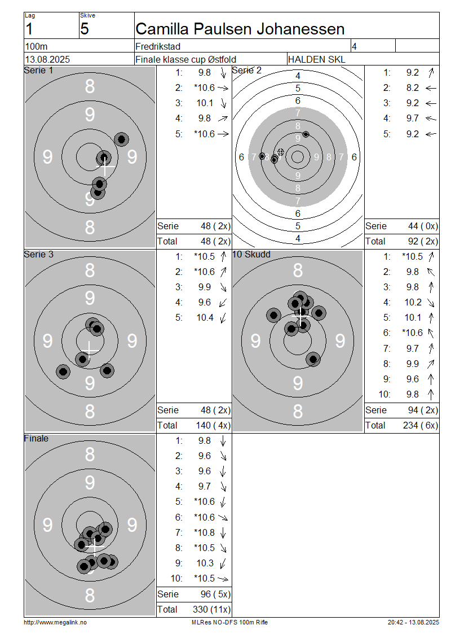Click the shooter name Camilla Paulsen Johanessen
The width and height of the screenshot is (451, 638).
pyautogui.click(x=240, y=29)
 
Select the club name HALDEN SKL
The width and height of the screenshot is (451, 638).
pyautogui.click(x=316, y=59)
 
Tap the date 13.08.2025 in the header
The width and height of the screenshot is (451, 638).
pyautogui.click(x=47, y=59)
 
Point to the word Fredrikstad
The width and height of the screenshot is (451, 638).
pyautogui.click(x=158, y=46)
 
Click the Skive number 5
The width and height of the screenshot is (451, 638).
pyautogui.click(x=85, y=29)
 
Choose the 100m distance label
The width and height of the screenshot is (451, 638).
pyautogui.click(x=36, y=46)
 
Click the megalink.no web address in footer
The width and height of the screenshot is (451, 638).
pyautogui.click(x=55, y=622)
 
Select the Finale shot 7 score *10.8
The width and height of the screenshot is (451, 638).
pyautogui.click(x=205, y=532)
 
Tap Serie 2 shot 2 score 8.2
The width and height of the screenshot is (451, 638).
pyautogui.click(x=413, y=88)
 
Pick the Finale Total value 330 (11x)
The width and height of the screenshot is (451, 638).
pyautogui.click(x=211, y=610)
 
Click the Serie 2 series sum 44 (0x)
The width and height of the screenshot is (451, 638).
pyautogui.click(x=423, y=226)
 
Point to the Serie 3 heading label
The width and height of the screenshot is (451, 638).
pyautogui.click(x=38, y=254)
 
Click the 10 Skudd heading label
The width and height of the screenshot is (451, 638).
pyautogui.click(x=251, y=254)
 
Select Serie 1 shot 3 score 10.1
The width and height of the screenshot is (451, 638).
pyautogui.click(x=205, y=103)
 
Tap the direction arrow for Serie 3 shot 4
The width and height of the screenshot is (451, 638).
pyautogui.click(x=223, y=303)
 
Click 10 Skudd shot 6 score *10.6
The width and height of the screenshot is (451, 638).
pyautogui.click(x=412, y=333)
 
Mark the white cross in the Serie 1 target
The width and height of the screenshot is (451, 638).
pyautogui.click(x=105, y=167)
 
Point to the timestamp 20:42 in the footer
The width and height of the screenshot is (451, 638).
pyautogui.click(x=395, y=622)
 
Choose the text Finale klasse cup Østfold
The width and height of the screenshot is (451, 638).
pyautogui.click(x=185, y=59)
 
